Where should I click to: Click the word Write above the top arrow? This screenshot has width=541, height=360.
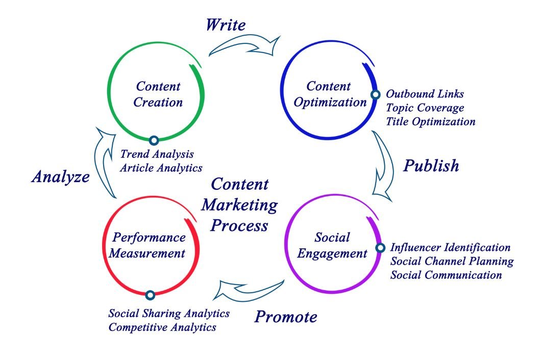[x=226, y=25]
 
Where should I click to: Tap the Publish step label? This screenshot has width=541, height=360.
[x=431, y=166]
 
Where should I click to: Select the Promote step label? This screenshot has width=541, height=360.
[x=286, y=317]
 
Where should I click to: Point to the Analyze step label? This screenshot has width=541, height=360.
[x=60, y=177]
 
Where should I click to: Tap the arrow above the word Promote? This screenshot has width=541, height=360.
[x=250, y=290]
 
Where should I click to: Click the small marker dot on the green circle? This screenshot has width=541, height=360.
[x=153, y=140]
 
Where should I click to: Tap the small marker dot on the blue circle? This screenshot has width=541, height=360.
[x=375, y=94]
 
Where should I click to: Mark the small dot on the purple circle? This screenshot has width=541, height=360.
[x=380, y=248]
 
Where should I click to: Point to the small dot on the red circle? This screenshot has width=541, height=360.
[x=150, y=295]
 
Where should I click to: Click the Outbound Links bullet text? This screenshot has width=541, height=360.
[x=425, y=94]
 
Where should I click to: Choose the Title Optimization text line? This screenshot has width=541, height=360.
[x=430, y=122]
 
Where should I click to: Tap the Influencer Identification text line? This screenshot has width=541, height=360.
[x=450, y=248]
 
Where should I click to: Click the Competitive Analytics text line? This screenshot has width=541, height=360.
[x=162, y=327]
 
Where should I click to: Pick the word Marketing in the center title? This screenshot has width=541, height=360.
[x=239, y=205]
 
